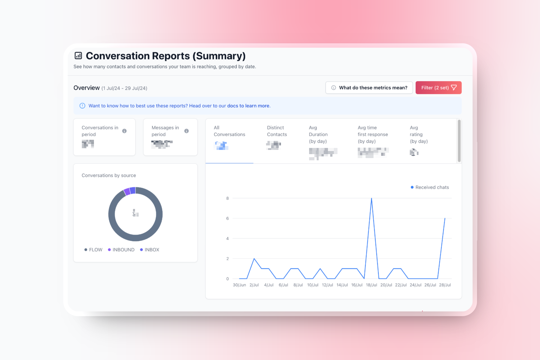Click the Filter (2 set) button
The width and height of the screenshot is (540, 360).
pyautogui.click(x=438, y=88)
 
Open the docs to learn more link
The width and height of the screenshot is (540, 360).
pyautogui.click(x=248, y=106)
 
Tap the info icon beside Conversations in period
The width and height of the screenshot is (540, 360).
pyautogui.click(x=124, y=131)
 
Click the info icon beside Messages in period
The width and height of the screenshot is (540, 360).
pyautogui.click(x=186, y=131)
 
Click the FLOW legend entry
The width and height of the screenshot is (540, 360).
pyautogui.click(x=93, y=250)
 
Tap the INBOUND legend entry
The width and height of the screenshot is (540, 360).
pyautogui.click(x=121, y=250)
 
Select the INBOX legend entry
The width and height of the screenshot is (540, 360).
pyautogui.click(x=150, y=250)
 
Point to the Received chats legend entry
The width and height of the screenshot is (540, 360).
pyautogui.click(x=430, y=187)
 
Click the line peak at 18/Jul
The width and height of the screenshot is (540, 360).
pyautogui.click(x=372, y=199)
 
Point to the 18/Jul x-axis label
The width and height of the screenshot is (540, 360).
pyautogui.click(x=371, y=285)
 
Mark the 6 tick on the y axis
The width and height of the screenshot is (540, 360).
pyautogui.click(x=228, y=218)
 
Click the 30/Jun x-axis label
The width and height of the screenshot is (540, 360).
pyautogui.click(x=239, y=285)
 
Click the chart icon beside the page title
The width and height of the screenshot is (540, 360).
pyautogui.click(x=78, y=56)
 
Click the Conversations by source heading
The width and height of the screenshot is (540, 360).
pyautogui.click(x=109, y=175)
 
